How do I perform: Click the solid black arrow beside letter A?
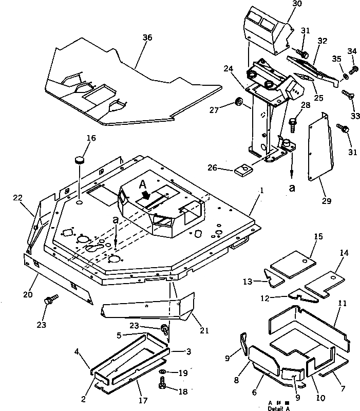coord(146,195)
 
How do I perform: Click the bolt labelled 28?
coord(294,122)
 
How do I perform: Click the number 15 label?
coord(318,236)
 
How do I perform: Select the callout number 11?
coord(341,304)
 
